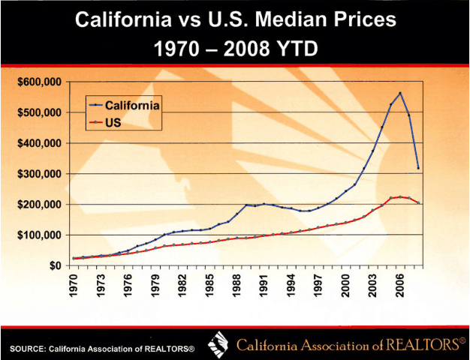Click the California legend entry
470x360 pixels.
tap(131, 104)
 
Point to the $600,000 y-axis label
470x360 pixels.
tap(38, 82)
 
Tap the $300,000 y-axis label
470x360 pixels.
tap(38, 173)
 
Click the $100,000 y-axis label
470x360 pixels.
tap(38, 235)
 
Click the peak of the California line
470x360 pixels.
tap(400, 93)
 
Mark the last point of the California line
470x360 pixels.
tap(418, 167)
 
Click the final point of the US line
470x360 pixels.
tap(418, 202)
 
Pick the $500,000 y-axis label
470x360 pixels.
tap(38, 112)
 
